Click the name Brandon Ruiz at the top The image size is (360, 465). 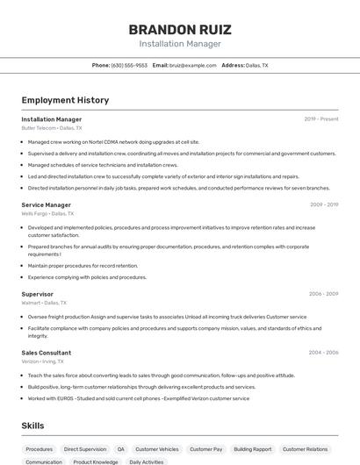179,29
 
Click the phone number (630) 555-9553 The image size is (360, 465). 129,65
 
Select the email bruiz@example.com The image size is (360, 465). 192,65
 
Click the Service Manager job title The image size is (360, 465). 46,204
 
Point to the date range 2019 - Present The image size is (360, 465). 321,118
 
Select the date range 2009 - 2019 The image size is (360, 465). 323,204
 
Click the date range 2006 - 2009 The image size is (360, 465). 323,294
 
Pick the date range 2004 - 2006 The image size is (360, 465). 323,353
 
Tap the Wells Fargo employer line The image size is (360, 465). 47,213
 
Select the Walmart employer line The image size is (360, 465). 44,303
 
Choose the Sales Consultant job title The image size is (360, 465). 47,353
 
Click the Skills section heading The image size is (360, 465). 33,426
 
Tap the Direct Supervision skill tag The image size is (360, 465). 85,448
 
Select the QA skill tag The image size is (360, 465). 121,448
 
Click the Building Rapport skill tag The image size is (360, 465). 253,448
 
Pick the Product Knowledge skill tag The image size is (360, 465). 96,461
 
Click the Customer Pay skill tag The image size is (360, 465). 206,448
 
